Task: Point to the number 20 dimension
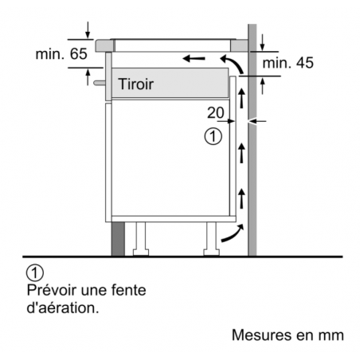click(x=216, y=113)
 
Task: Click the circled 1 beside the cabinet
click(x=210, y=136)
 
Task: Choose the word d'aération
click(x=63, y=307)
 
